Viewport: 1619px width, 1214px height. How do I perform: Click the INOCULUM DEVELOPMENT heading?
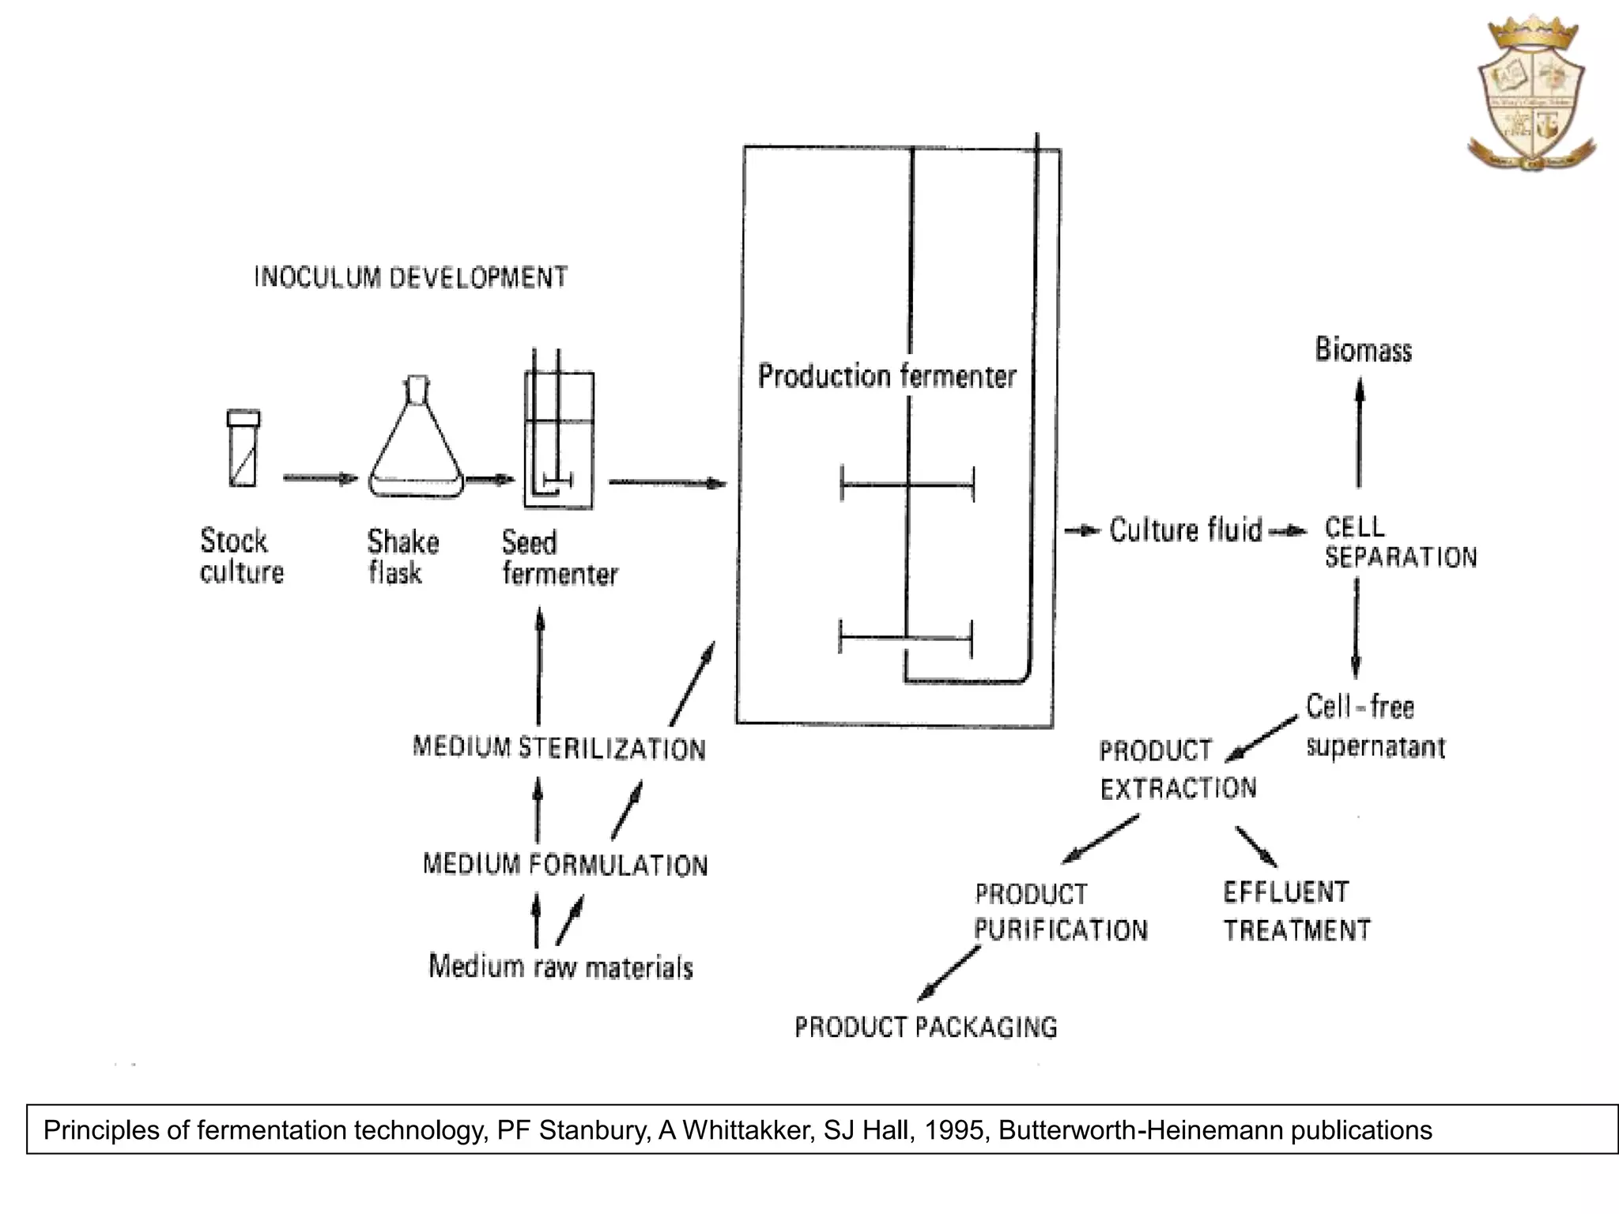[411, 277]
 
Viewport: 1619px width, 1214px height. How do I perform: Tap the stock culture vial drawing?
[243, 448]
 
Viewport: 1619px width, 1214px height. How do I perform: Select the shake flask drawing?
[416, 443]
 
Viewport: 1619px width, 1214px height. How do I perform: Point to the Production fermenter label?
[886, 376]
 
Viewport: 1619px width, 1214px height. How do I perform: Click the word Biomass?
[1363, 350]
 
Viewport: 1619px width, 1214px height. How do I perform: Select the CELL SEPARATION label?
[1399, 542]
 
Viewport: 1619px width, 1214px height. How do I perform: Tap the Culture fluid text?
[1185, 530]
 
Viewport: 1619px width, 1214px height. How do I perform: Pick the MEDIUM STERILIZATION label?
[559, 748]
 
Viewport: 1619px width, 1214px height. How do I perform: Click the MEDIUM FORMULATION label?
[565, 864]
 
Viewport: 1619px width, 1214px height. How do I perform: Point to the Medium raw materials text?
[560, 967]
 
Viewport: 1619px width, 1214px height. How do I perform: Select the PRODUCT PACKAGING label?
[926, 1027]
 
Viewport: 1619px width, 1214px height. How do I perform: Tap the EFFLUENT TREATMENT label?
[1296, 911]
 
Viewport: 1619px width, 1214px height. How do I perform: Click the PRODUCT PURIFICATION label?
[1060, 912]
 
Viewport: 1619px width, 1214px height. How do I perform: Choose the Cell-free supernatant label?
[1374, 726]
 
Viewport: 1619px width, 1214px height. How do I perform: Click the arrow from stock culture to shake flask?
[320, 478]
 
